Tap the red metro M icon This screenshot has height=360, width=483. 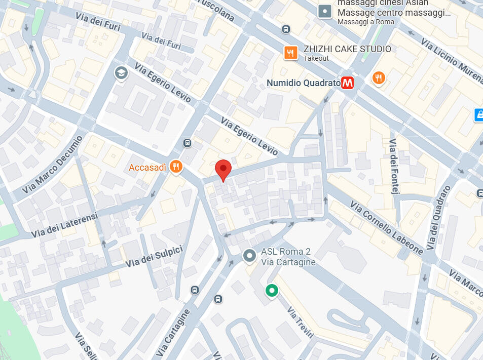pos(347,83)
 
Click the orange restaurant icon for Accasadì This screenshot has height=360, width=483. pos(176,167)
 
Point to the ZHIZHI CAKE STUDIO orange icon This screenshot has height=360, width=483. pos(290,52)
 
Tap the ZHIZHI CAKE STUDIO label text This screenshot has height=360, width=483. pos(347,49)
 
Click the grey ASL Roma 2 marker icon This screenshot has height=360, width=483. pos(249,256)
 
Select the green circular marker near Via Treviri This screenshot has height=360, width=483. pos(272,291)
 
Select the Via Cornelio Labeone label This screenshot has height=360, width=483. pos(386,227)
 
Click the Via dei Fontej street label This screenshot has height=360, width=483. pos(395,167)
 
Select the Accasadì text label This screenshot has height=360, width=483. pos(147,168)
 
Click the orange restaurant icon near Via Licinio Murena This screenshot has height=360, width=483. pos(379,78)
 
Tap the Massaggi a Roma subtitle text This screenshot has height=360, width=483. pos(365,22)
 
